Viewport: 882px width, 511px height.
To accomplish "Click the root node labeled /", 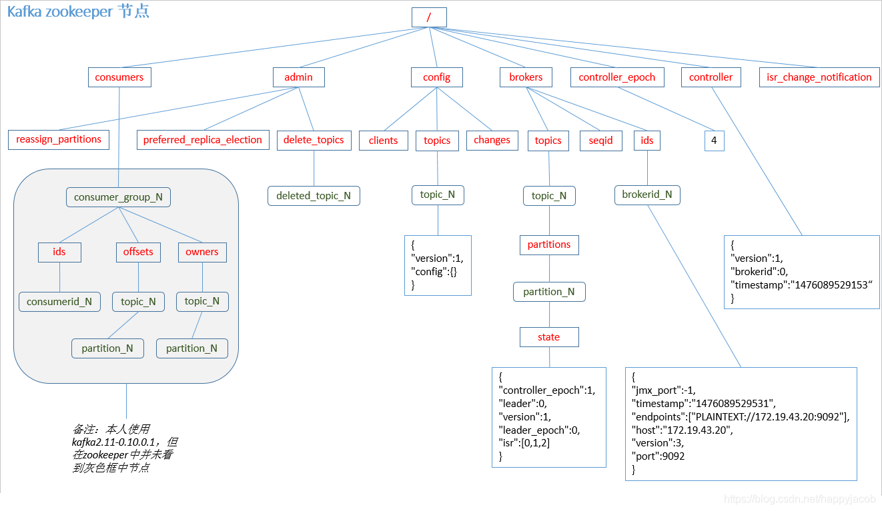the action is coord(429,17).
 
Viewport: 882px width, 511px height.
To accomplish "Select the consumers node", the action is coord(119,77).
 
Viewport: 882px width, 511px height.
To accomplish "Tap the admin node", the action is coord(298,77).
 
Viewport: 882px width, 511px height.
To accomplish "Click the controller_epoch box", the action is coord(617,77).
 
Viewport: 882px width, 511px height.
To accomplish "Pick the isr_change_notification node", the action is coord(819,77).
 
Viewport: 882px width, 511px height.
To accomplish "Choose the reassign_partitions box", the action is coord(59,139).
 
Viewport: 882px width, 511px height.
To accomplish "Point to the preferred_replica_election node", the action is coord(203,140).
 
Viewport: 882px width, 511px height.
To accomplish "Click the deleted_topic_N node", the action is coord(314,196).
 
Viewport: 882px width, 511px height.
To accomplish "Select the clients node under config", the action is coord(383,141).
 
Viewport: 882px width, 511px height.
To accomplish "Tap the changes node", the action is coord(492,141).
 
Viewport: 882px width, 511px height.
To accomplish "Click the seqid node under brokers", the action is coord(601,141).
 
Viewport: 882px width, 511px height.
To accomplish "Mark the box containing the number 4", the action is coord(714,141).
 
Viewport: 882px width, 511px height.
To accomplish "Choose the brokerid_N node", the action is coord(647,195).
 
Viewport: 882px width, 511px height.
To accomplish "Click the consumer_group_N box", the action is coord(118,197).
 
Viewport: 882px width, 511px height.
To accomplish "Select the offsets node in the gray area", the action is coord(138,253).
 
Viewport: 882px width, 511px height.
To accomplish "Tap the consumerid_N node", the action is coord(59,302).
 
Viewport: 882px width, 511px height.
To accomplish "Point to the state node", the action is coord(549,337).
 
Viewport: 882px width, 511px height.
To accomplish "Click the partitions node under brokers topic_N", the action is coord(549,245).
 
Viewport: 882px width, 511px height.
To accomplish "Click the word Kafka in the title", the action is coord(25,11).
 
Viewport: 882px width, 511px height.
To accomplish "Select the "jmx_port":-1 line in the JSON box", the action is coord(664,390).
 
